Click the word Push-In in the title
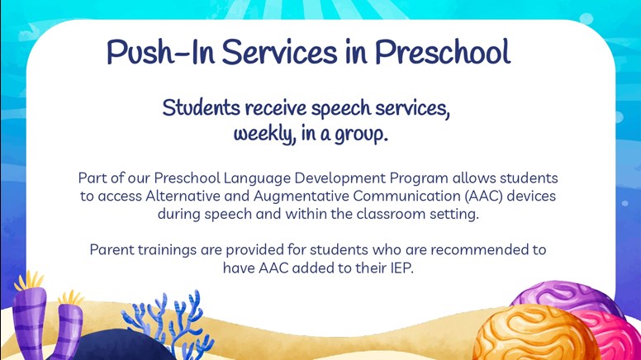(x=160, y=52)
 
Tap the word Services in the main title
(x=280, y=52)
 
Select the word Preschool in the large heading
(x=443, y=52)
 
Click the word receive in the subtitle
(x=276, y=108)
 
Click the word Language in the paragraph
(x=257, y=178)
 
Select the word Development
(x=339, y=178)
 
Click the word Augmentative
(x=302, y=197)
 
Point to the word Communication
(x=406, y=197)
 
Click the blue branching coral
(x=169, y=323)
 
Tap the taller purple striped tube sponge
(x=30, y=319)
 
